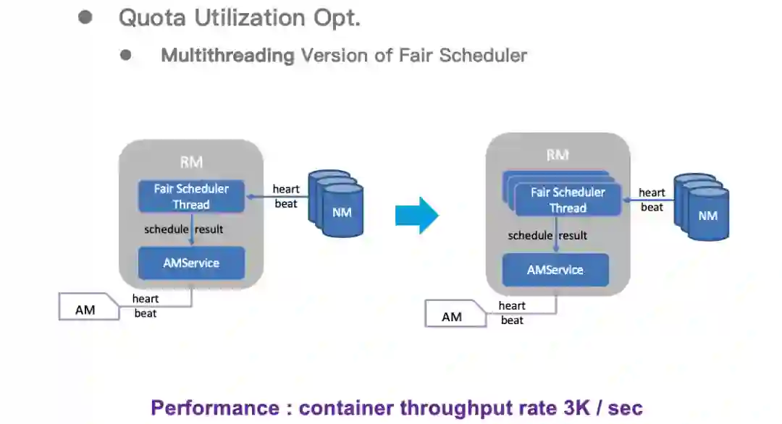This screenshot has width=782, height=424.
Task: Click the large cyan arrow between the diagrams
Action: (x=417, y=215)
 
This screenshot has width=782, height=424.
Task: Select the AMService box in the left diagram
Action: (x=191, y=263)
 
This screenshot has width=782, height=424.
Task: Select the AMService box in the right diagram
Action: (x=555, y=270)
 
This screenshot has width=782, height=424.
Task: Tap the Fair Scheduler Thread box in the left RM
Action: (x=191, y=196)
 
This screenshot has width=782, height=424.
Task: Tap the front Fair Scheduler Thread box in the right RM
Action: (x=568, y=200)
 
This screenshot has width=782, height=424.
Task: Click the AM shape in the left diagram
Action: (x=85, y=310)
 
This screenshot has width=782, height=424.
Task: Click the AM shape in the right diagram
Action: (x=452, y=317)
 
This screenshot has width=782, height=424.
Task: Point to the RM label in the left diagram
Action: (x=191, y=162)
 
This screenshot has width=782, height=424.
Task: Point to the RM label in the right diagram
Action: (x=558, y=155)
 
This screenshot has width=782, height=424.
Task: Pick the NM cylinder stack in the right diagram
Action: (x=702, y=208)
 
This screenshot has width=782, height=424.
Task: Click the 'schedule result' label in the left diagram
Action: (x=184, y=229)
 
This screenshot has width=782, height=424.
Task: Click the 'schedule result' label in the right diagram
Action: (x=547, y=235)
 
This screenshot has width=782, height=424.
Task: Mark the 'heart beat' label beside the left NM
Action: (x=286, y=197)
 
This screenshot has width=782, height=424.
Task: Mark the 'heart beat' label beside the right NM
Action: (x=652, y=200)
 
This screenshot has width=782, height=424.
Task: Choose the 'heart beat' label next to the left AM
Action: (x=146, y=306)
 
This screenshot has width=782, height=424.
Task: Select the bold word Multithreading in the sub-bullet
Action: (x=227, y=55)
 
